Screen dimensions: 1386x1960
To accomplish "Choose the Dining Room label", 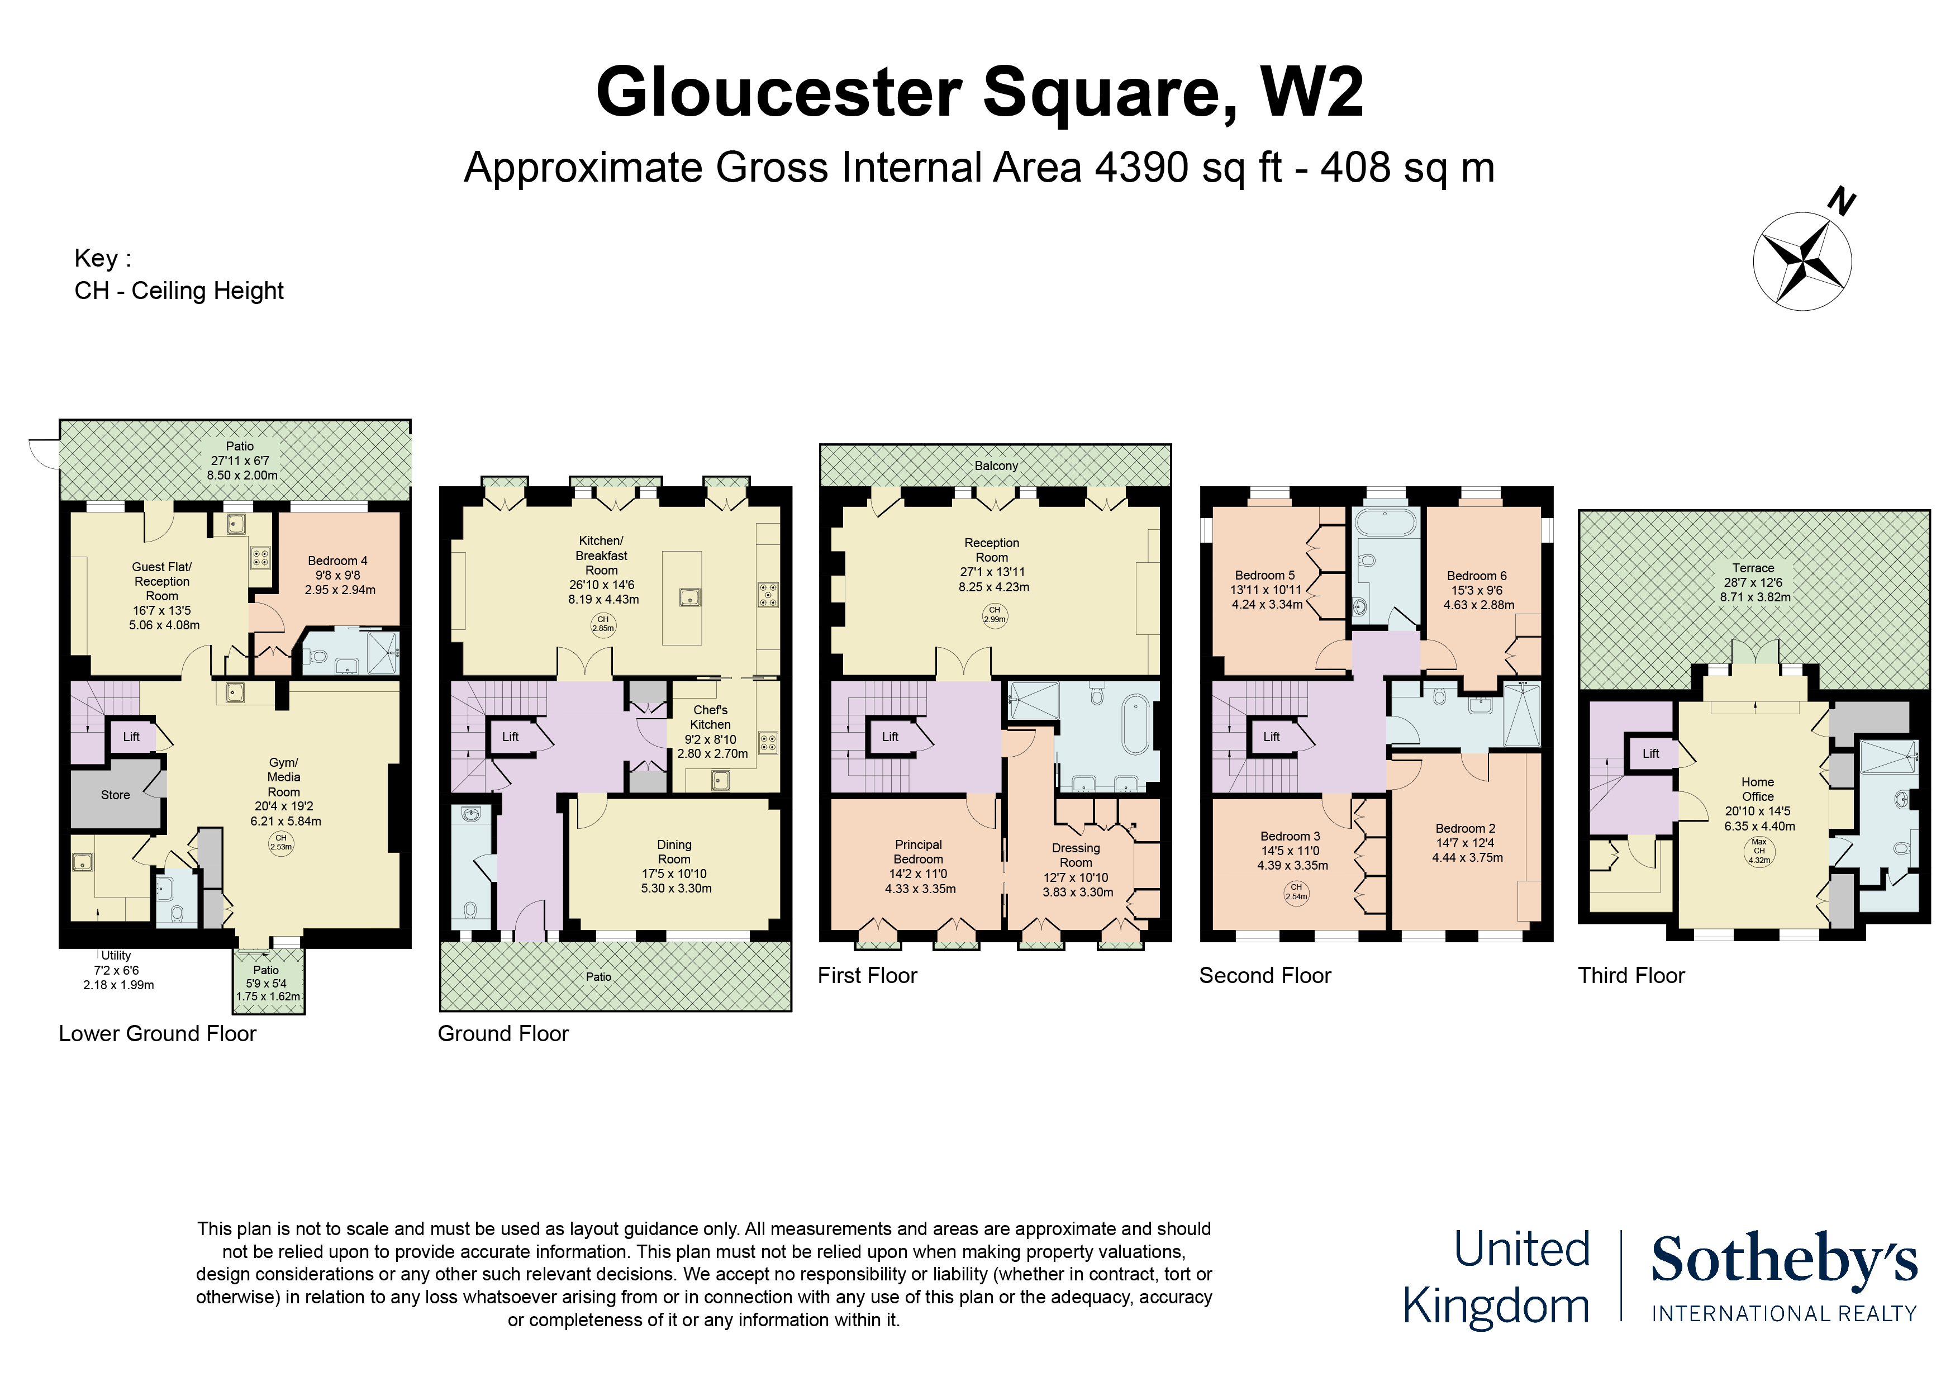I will click(x=674, y=851).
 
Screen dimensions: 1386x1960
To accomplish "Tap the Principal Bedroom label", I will click(x=919, y=851).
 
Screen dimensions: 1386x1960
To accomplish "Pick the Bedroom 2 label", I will click(x=1466, y=828).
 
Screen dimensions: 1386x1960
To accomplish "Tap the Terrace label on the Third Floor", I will click(x=1753, y=568).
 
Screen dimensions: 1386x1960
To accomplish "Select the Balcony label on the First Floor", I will click(x=996, y=466).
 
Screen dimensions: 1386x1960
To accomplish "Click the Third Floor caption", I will click(x=1631, y=975).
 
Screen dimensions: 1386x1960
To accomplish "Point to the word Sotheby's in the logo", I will click(x=1784, y=1260).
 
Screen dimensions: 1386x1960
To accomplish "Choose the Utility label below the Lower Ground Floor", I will click(x=116, y=956).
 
